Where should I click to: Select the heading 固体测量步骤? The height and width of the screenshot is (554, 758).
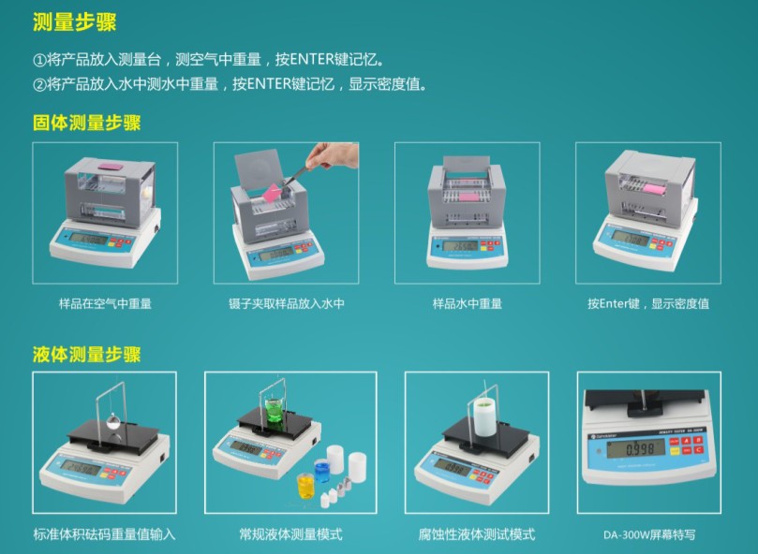86,123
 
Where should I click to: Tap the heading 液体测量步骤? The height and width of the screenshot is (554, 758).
86,354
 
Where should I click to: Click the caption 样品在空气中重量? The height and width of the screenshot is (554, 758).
105,303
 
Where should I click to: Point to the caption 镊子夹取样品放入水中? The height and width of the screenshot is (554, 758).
286,303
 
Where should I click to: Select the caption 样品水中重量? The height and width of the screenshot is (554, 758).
467,303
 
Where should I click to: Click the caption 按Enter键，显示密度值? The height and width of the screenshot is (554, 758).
647,303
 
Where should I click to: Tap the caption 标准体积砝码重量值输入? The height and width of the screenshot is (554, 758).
104,534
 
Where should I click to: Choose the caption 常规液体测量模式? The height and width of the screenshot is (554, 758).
290,534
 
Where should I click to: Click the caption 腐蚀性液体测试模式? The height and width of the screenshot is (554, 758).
477,534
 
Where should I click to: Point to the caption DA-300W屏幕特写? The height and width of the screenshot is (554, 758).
649,535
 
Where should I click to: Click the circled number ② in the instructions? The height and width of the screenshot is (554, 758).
39,84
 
